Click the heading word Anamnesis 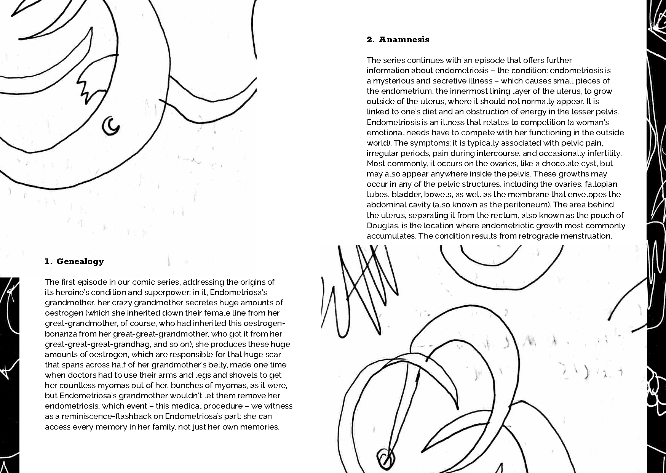(x=404, y=40)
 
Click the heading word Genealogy (x=80, y=261)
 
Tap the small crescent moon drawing (x=111, y=126)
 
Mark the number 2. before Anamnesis (x=371, y=40)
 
